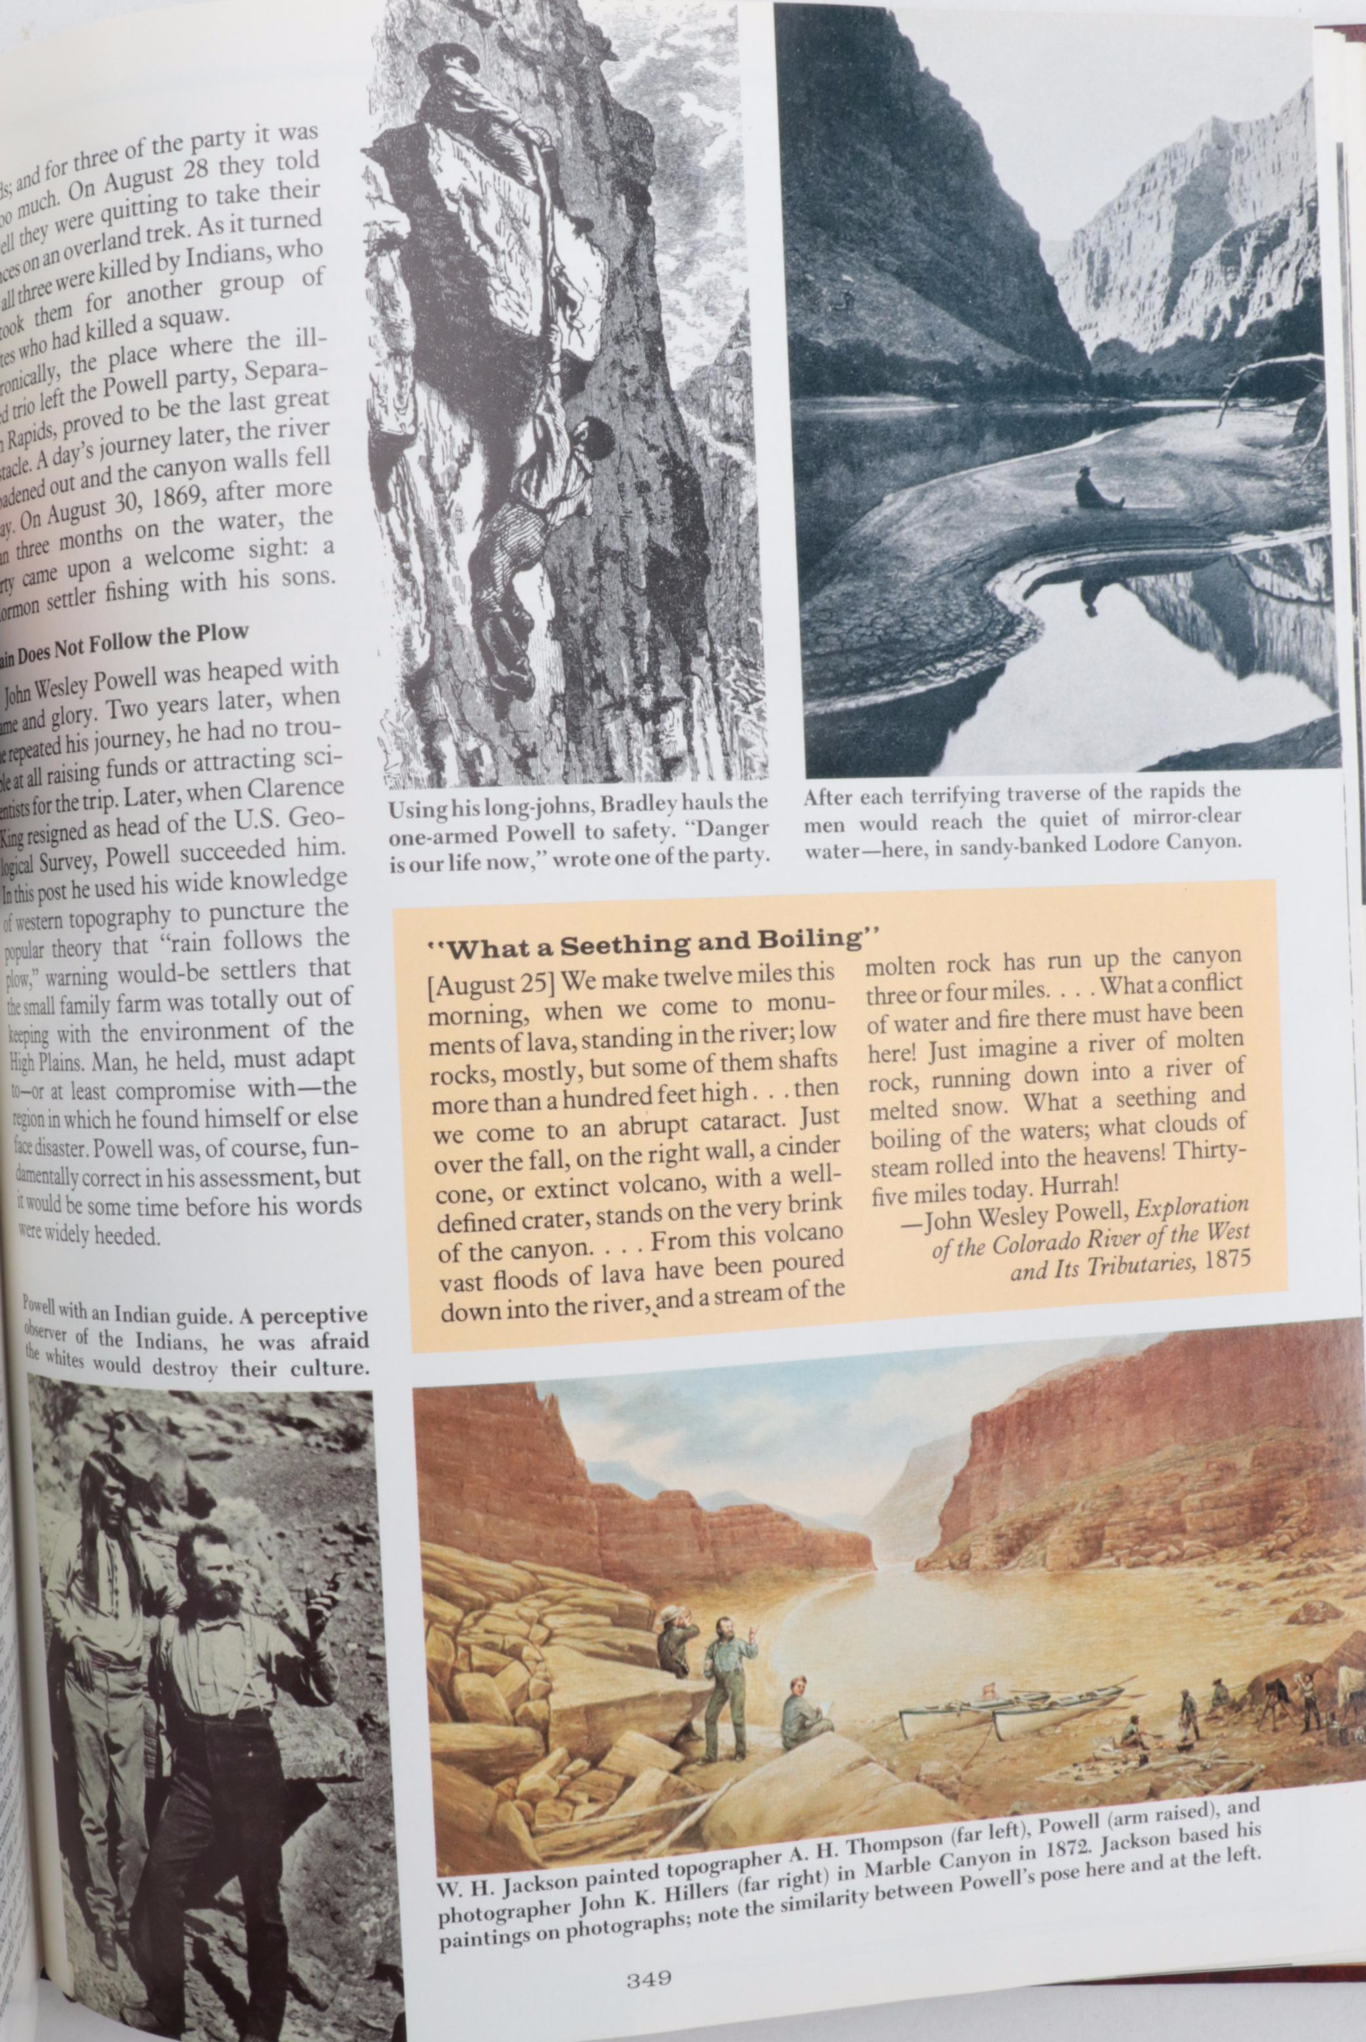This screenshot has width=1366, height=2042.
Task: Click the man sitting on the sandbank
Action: point(1093,490)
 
